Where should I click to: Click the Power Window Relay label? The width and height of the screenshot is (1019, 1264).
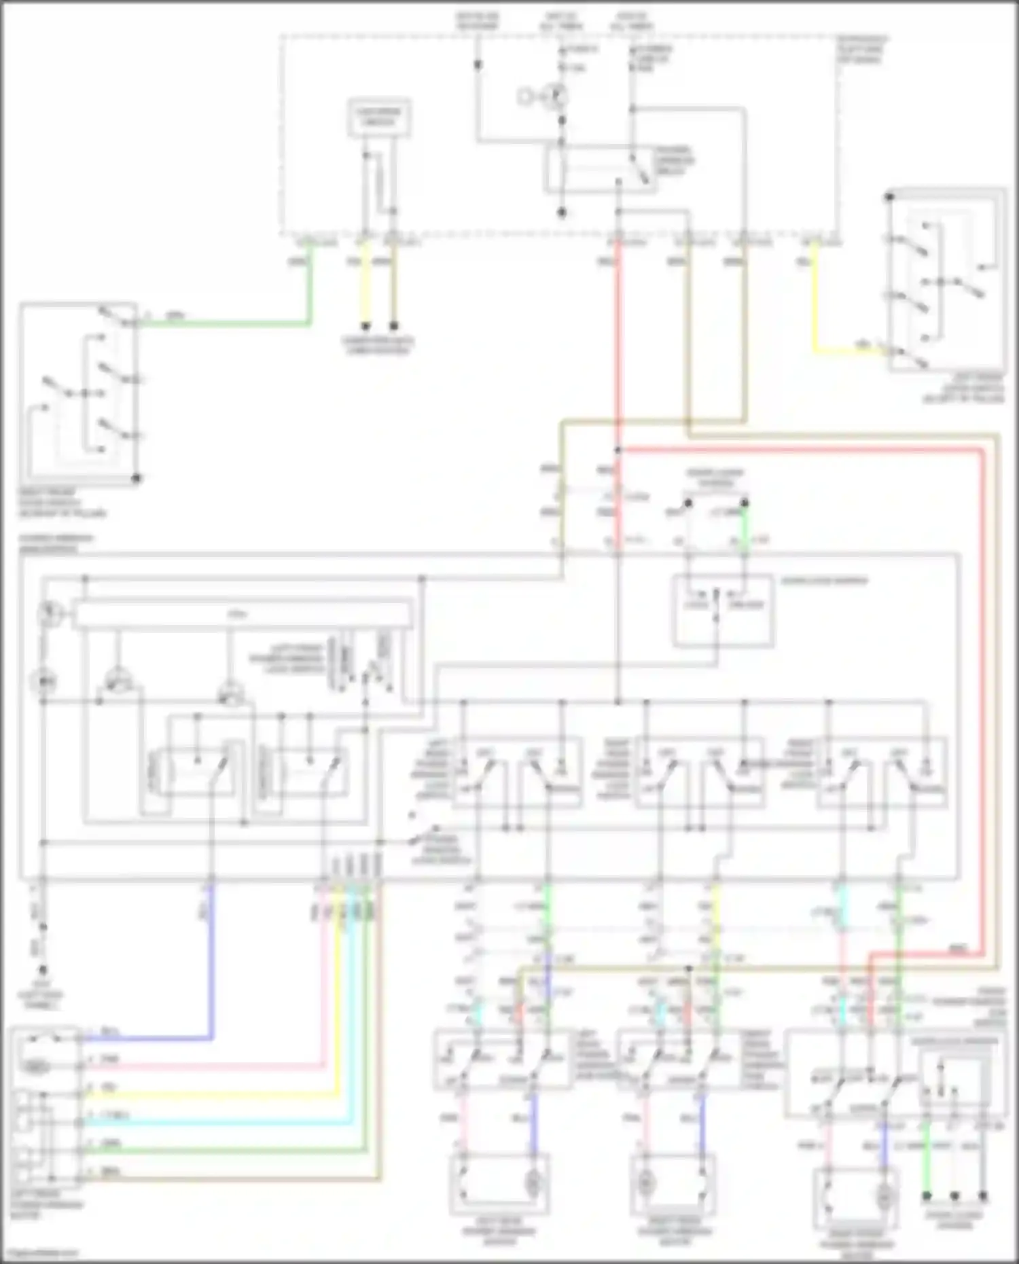pyautogui.click(x=675, y=161)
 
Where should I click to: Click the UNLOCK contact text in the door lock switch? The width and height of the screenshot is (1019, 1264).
pyautogui.click(x=747, y=604)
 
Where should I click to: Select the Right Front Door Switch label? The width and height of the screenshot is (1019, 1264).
pyautogui.click(x=61, y=503)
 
